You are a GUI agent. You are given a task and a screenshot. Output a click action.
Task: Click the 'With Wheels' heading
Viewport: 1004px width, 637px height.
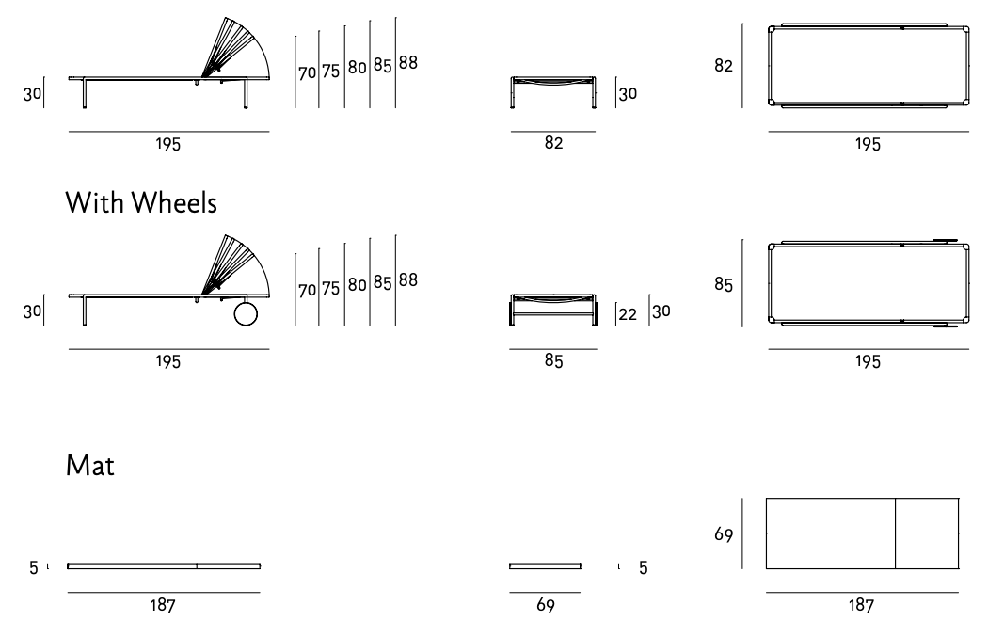pos(141,202)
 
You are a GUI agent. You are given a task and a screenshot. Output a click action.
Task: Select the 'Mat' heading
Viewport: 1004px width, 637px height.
pos(90,466)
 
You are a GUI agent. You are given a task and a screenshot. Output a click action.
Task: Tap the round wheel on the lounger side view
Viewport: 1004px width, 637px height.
pos(245,313)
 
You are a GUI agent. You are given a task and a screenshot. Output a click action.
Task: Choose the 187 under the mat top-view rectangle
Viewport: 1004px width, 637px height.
pos(861,607)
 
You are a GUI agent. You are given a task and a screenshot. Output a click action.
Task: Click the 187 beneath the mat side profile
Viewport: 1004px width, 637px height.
pos(163,607)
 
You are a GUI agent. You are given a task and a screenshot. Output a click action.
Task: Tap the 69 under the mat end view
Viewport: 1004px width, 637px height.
pos(545,607)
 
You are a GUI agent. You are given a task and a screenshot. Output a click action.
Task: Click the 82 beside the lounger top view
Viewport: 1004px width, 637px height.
pos(724,67)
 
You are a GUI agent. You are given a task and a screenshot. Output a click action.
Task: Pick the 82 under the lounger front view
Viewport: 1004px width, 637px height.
pos(553,145)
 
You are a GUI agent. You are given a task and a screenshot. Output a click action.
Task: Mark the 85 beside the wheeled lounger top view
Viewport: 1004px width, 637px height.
pos(724,283)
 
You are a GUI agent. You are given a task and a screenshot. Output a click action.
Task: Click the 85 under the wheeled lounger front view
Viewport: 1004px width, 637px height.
pos(553,363)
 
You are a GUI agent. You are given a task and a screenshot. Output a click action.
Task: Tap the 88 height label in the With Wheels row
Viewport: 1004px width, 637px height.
pos(407,280)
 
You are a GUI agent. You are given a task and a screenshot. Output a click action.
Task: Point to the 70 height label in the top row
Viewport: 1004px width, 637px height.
pos(307,73)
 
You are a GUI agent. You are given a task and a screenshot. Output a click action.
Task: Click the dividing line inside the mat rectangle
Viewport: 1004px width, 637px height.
pos(894,533)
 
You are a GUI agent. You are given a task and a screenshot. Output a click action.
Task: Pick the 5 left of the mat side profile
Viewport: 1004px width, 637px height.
pos(34,567)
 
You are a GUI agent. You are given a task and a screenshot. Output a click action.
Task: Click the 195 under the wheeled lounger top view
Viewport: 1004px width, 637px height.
pos(868,363)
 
